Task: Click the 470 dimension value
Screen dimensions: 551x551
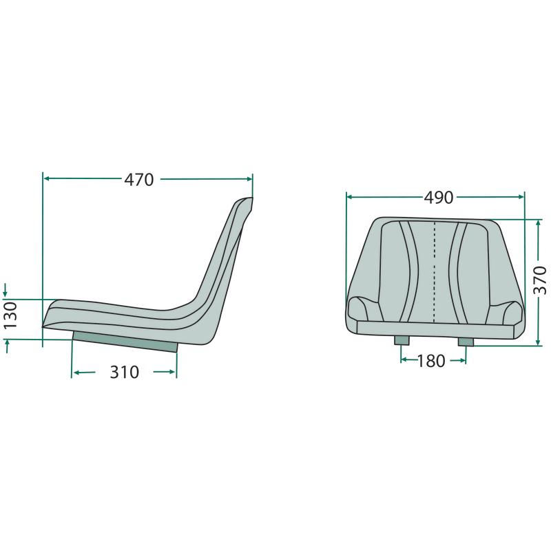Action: [x=139, y=180]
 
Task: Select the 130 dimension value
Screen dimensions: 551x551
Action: [x=10, y=315]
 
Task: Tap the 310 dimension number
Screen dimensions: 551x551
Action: [x=125, y=372]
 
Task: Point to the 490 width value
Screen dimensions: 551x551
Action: [x=439, y=198]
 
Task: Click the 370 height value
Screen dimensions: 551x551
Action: [x=540, y=280]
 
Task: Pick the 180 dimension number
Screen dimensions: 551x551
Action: [x=431, y=361]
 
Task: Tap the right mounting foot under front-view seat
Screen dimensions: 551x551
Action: [x=466, y=342]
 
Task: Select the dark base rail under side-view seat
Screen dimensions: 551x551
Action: [x=125, y=342]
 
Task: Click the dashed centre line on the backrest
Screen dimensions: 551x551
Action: [x=435, y=272]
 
